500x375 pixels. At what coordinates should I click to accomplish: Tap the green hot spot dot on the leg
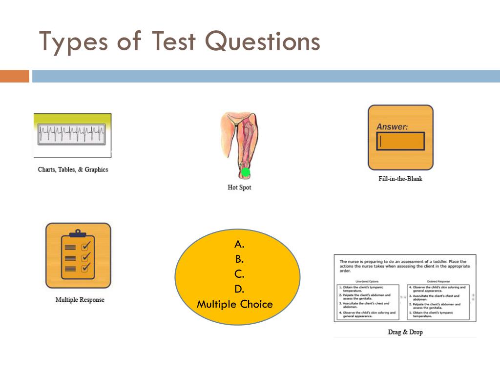(246, 172)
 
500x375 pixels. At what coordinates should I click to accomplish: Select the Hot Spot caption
(239, 187)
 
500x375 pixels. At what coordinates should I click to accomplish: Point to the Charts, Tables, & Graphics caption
(73, 170)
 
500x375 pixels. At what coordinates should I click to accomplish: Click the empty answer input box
(400, 142)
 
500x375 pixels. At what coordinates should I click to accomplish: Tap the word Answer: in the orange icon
(392, 127)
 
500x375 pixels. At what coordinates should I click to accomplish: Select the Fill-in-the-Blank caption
(400, 179)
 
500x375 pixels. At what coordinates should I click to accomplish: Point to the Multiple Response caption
(80, 300)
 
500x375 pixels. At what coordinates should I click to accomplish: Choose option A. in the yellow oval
(239, 244)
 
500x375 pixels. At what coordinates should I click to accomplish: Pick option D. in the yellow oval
(239, 289)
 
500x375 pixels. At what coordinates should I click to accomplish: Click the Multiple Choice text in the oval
(235, 304)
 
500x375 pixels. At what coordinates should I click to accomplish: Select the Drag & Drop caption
(405, 332)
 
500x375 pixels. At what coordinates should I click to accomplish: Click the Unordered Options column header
(368, 282)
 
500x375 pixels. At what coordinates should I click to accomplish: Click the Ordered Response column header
(439, 282)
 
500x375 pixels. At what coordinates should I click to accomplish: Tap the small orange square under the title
(15, 76)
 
